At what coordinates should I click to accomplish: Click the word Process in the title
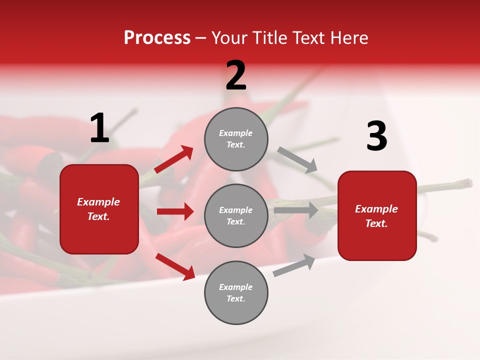tap(157, 38)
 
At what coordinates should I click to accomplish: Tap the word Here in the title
tap(349, 38)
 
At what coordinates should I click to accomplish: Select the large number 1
tap(99, 128)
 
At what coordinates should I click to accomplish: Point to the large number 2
tap(236, 75)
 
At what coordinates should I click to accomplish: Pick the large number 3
tap(376, 136)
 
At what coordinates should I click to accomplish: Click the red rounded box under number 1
tap(99, 209)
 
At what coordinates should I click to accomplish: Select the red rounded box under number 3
tap(377, 215)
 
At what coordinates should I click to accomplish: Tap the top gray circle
tap(236, 139)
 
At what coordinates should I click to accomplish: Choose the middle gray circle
tap(236, 215)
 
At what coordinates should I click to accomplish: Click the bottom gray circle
tap(236, 292)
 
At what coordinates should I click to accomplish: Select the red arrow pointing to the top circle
tap(173, 159)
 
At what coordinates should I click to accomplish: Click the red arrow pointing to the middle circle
tap(175, 211)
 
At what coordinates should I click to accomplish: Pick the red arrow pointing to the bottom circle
tap(175, 266)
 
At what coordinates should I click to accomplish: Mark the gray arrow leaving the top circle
tap(297, 160)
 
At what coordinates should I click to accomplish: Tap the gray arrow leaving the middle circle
tap(296, 210)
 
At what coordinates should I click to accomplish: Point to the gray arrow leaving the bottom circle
tap(294, 265)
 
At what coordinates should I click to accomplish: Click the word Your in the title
tap(229, 38)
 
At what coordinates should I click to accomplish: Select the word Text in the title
tap(308, 38)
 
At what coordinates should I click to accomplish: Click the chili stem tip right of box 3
tap(468, 182)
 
